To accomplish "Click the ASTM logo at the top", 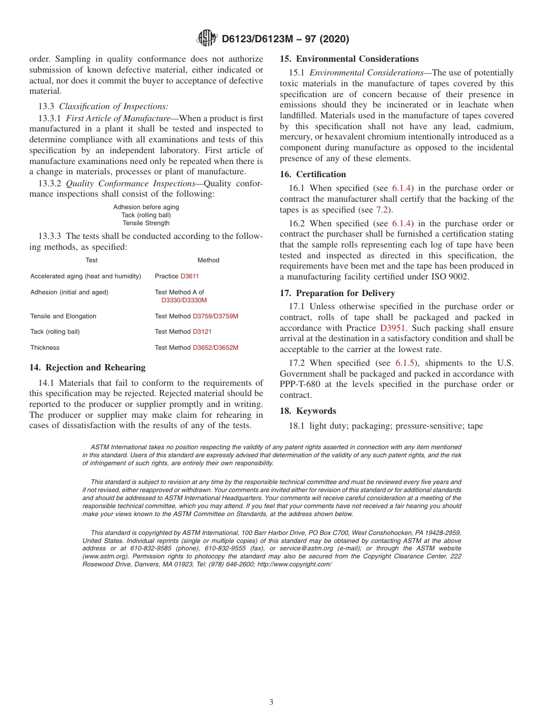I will tap(207, 38).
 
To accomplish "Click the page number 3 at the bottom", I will tap(271, 702).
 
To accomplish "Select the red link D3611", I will tap(190, 276).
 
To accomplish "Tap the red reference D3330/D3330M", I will tap(184, 300).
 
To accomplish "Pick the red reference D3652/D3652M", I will tap(215, 347).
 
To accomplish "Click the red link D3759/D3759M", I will tap(215, 316).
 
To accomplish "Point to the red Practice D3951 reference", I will tap(393, 328).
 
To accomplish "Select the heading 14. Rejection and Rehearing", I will tap(87, 368).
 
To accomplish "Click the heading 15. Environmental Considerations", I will tap(349, 59).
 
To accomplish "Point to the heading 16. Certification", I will tap(313, 174).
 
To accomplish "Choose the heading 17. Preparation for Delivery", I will tap(337, 293).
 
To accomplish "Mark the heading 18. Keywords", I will tap(308, 411).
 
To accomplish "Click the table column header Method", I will tap(208, 260).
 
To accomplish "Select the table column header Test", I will tap(91, 260).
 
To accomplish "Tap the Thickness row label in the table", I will tap(45, 347).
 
